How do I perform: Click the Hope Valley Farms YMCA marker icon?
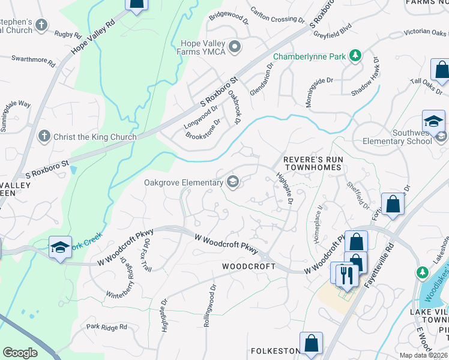click(235, 46)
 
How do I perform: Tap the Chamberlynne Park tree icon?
click(355, 56)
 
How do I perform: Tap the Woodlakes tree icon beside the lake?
click(421, 272)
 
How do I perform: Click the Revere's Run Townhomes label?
click(312, 164)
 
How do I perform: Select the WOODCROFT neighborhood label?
click(249, 266)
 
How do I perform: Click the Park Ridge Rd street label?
click(106, 327)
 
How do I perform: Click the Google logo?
click(20, 353)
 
